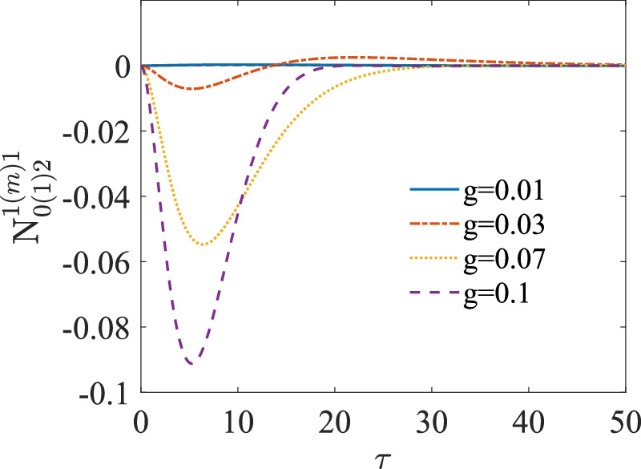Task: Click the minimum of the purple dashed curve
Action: tap(190, 364)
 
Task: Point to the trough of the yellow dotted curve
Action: tap(204, 245)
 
